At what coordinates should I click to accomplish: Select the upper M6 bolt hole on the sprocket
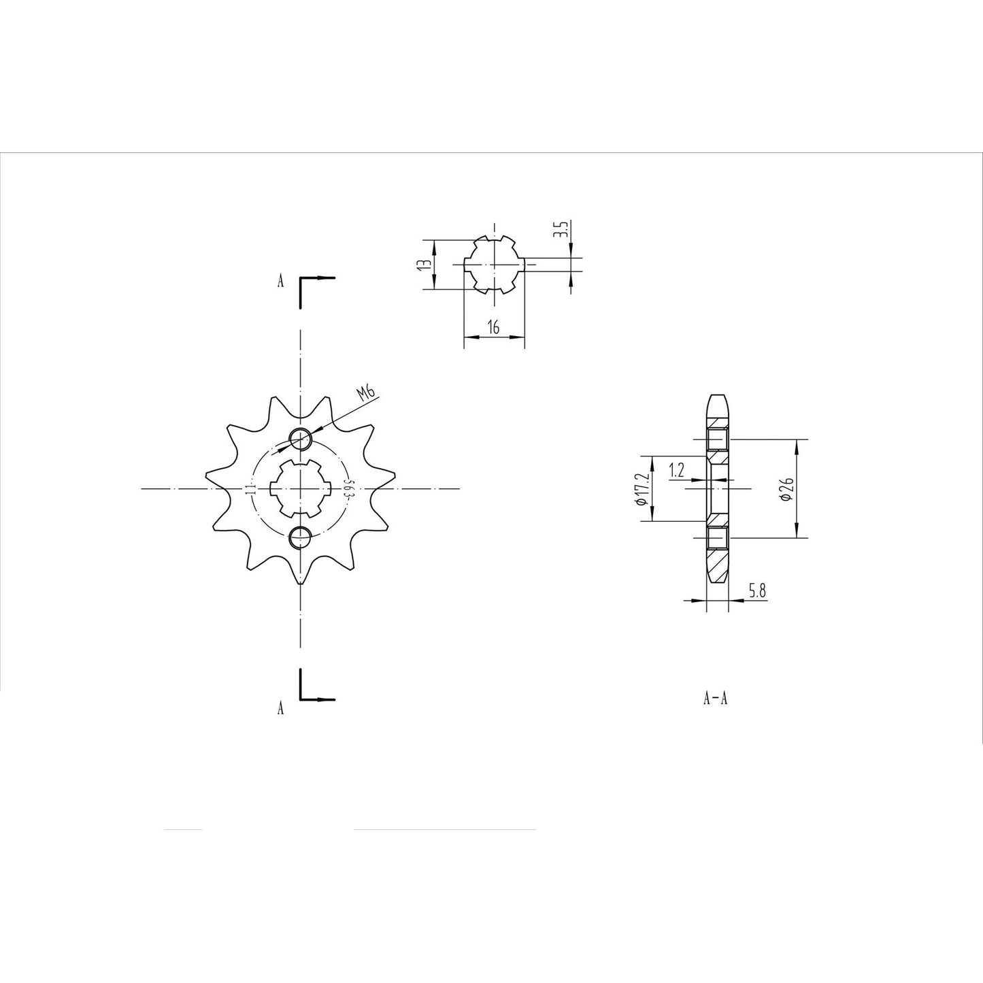[300, 439]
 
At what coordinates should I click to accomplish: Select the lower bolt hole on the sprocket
[300, 538]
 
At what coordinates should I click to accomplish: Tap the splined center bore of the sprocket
[300, 488]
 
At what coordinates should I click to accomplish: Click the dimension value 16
[494, 328]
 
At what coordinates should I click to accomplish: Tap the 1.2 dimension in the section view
[677, 469]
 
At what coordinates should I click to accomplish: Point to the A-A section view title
[716, 698]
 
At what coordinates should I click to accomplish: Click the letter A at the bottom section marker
[280, 710]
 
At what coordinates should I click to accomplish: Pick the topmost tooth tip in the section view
[718, 397]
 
